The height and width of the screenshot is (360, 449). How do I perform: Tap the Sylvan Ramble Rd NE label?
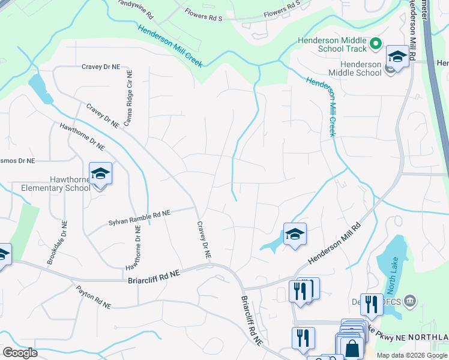pyautogui.click(x=140, y=217)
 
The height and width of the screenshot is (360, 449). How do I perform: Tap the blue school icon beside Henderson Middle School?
pyautogui.click(x=397, y=57)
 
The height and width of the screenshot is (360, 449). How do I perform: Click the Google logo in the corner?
pyautogui.click(x=20, y=352)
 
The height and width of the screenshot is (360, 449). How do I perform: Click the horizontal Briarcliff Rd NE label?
pyautogui.click(x=154, y=276)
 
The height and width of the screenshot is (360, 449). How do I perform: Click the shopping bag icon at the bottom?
pyautogui.click(x=352, y=347)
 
